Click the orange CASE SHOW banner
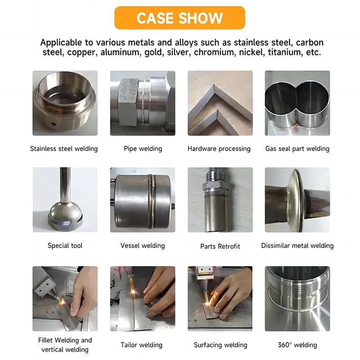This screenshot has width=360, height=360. click(180, 18)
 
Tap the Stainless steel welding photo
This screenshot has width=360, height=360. click(65, 103)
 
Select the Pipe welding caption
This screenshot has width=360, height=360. click(143, 148)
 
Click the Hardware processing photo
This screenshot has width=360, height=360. click(220, 103)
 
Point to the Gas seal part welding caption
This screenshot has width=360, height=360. click(297, 148)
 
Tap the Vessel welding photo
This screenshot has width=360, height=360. click(143, 200)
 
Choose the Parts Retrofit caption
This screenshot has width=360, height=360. click(220, 246)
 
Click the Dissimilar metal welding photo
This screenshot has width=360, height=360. click(297, 200)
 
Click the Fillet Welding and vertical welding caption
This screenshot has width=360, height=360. click(65, 345)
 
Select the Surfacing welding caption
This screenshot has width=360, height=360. click(220, 345)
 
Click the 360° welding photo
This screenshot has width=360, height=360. click(297, 299)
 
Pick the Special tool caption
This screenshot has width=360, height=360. click(65, 246)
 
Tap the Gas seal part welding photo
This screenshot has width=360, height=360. click(297, 103)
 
